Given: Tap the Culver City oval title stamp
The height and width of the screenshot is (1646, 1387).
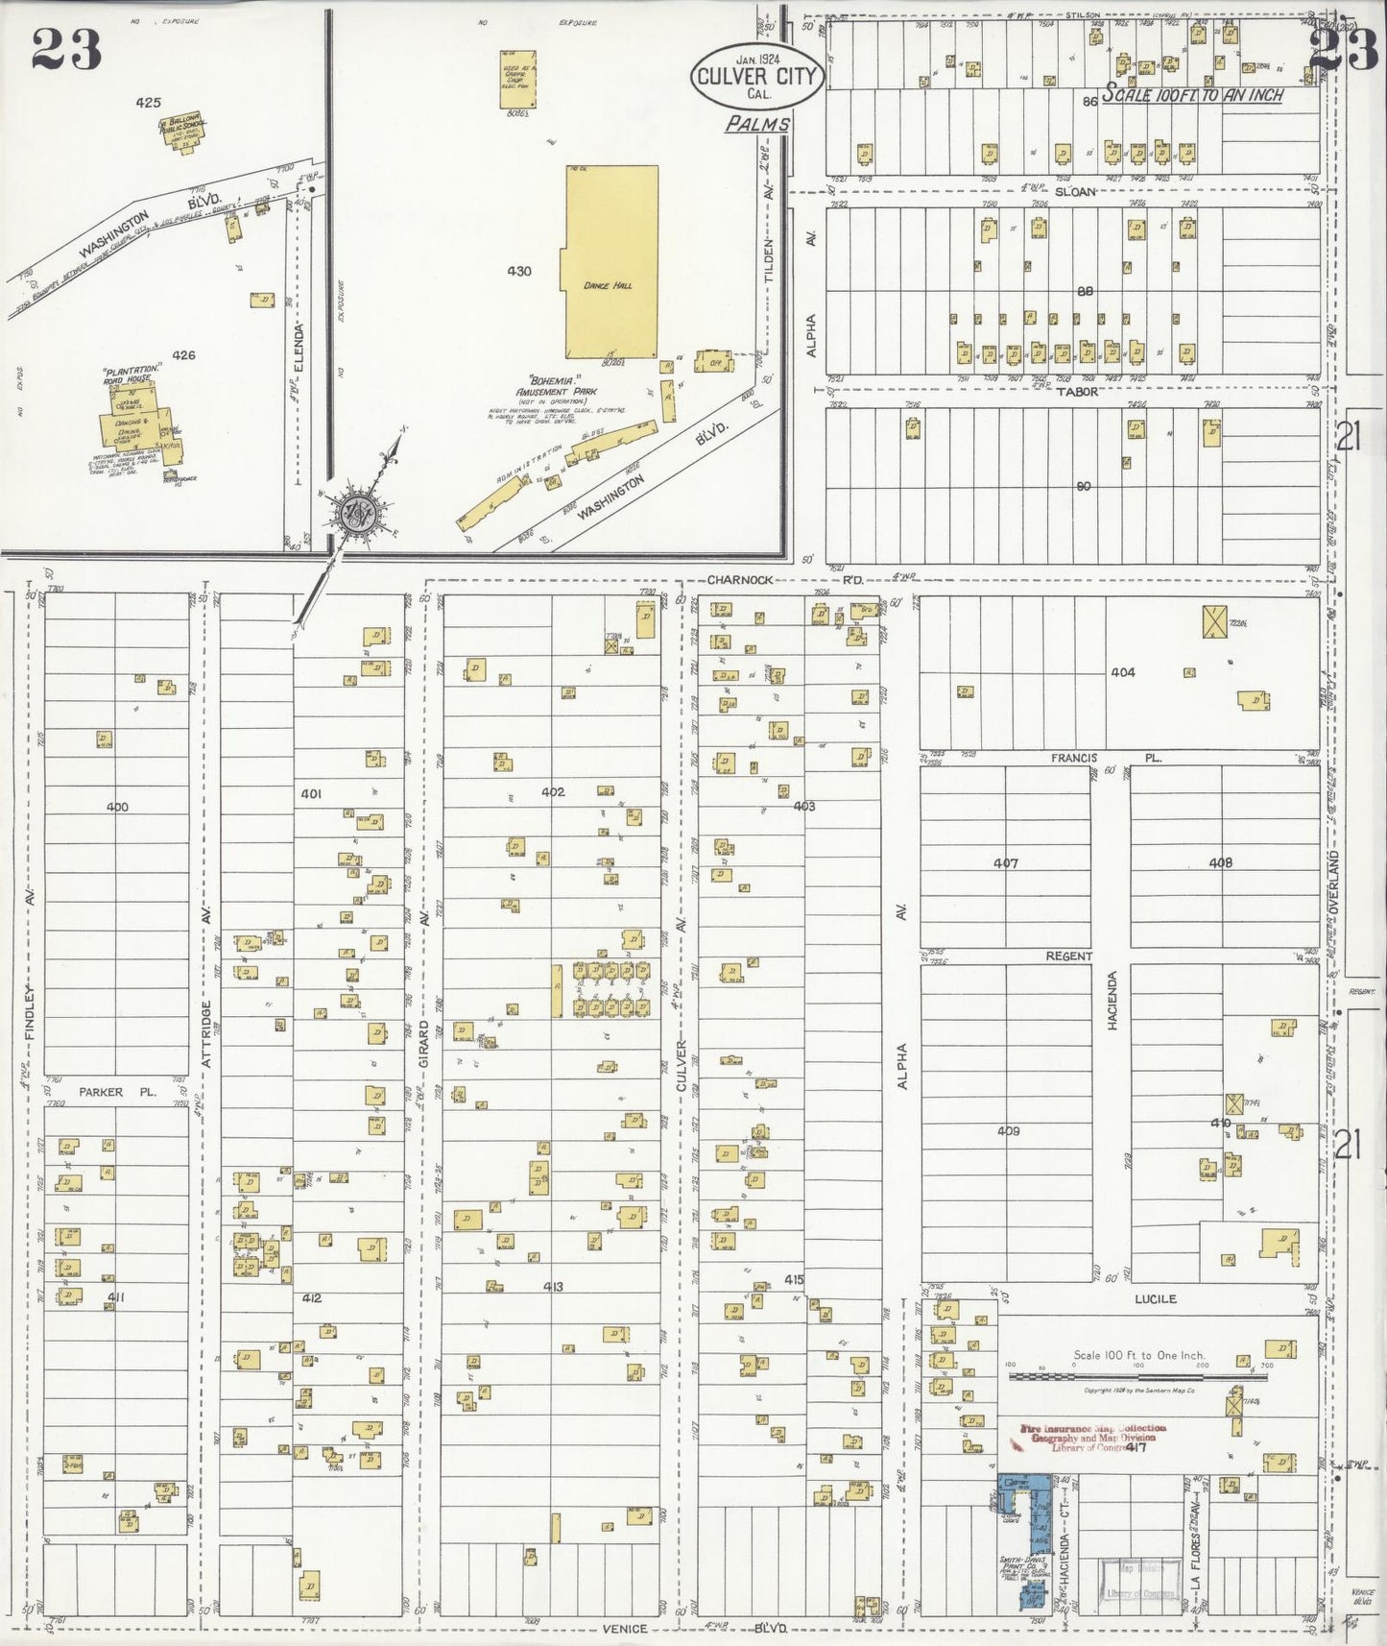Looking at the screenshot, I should [755, 77].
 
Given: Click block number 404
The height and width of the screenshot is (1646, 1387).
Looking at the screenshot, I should [1122, 672].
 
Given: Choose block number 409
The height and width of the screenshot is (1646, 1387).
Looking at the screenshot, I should [1007, 1130].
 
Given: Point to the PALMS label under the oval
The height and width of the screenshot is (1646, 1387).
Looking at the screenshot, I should [757, 124].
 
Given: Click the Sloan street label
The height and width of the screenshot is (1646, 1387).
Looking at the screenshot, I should [1074, 191].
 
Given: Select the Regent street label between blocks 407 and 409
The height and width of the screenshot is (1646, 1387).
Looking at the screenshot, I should [1068, 956].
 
